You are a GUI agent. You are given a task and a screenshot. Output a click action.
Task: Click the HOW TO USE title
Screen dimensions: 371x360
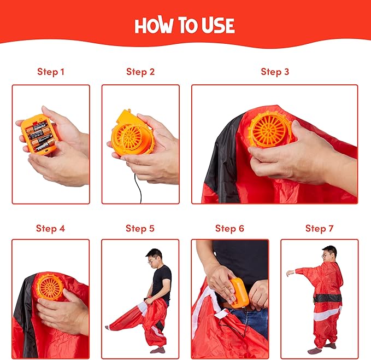(x=185, y=25)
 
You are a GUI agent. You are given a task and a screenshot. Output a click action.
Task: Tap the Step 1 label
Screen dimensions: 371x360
(x=51, y=72)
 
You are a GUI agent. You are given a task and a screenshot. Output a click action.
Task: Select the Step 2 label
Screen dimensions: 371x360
(x=140, y=72)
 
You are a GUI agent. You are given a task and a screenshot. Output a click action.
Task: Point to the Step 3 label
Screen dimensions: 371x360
(x=275, y=72)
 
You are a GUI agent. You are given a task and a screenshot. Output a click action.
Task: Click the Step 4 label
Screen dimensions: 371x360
(x=50, y=228)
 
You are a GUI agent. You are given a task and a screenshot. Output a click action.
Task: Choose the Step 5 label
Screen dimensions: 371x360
(x=140, y=228)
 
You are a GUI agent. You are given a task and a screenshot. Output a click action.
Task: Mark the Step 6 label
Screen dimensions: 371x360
(x=229, y=228)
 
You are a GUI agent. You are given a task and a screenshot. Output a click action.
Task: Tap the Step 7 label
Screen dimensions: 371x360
(x=319, y=228)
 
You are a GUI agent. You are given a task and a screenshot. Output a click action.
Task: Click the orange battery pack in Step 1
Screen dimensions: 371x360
(x=39, y=135)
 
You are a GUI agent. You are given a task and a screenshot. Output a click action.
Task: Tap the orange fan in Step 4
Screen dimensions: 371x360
(x=50, y=288)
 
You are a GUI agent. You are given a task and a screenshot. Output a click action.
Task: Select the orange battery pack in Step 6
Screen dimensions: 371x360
(x=238, y=293)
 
